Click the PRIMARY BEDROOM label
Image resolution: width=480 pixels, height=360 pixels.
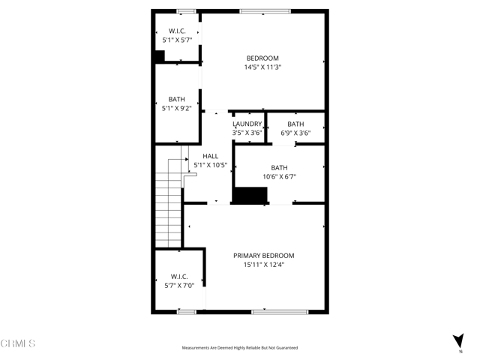[x=263, y=255]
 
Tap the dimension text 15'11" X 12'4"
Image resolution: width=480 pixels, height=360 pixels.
[x=263, y=264]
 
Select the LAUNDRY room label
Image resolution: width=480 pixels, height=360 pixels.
[x=247, y=124]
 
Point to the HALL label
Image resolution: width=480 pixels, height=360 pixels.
[x=210, y=156]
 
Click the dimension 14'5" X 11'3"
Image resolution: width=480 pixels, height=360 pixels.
[x=262, y=67]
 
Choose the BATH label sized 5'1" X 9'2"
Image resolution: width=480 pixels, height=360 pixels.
[x=176, y=99]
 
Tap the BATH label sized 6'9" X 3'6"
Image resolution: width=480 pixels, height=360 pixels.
[x=295, y=124]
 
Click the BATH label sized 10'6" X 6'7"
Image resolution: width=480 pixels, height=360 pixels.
[x=279, y=168]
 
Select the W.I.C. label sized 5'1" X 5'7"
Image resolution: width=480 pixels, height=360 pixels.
[x=176, y=31]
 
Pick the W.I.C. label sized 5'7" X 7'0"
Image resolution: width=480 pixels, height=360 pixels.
[x=178, y=276]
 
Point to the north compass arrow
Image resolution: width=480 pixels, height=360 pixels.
[x=457, y=341]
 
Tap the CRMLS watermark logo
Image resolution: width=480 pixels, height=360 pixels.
[x=18, y=343]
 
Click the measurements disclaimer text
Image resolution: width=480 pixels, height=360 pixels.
[x=239, y=348]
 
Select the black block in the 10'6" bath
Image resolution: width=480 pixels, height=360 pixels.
[x=250, y=195]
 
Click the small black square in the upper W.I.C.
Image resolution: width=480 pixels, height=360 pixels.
[x=159, y=55]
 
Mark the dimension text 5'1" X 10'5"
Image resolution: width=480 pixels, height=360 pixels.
[x=210, y=165]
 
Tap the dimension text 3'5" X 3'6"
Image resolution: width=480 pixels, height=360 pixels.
[x=247, y=133]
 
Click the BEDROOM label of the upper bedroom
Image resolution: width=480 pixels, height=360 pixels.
[x=262, y=58]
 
